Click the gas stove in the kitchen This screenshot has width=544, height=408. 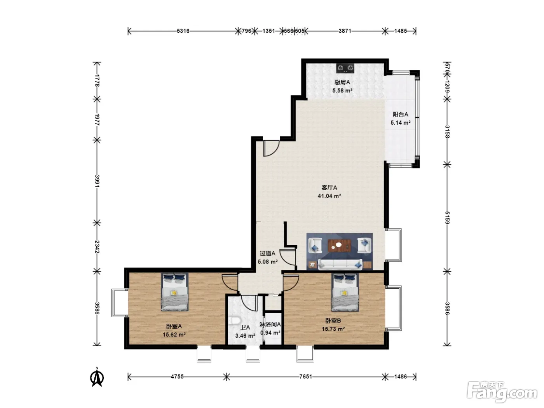(345, 68)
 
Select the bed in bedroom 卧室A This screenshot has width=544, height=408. (174, 292)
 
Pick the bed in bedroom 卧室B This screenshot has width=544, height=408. (345, 292)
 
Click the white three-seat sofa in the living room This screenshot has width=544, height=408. (340, 265)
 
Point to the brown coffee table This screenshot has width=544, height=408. (340, 246)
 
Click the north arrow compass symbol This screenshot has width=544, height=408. (97, 377)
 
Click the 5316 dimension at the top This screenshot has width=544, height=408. (183, 31)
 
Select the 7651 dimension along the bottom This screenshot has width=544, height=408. (305, 377)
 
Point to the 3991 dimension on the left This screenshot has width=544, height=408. (97, 181)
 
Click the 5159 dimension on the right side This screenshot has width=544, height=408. (447, 218)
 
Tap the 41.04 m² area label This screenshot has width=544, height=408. (329, 196)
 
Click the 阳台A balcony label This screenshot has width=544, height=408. (400, 114)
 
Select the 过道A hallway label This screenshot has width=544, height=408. (267, 253)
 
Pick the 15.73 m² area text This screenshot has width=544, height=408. (333, 329)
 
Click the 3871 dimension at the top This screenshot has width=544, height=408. (345, 31)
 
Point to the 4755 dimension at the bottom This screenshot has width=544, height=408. (177, 377)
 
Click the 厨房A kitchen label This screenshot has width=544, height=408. (342, 82)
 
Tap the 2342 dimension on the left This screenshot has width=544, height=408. (97, 247)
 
